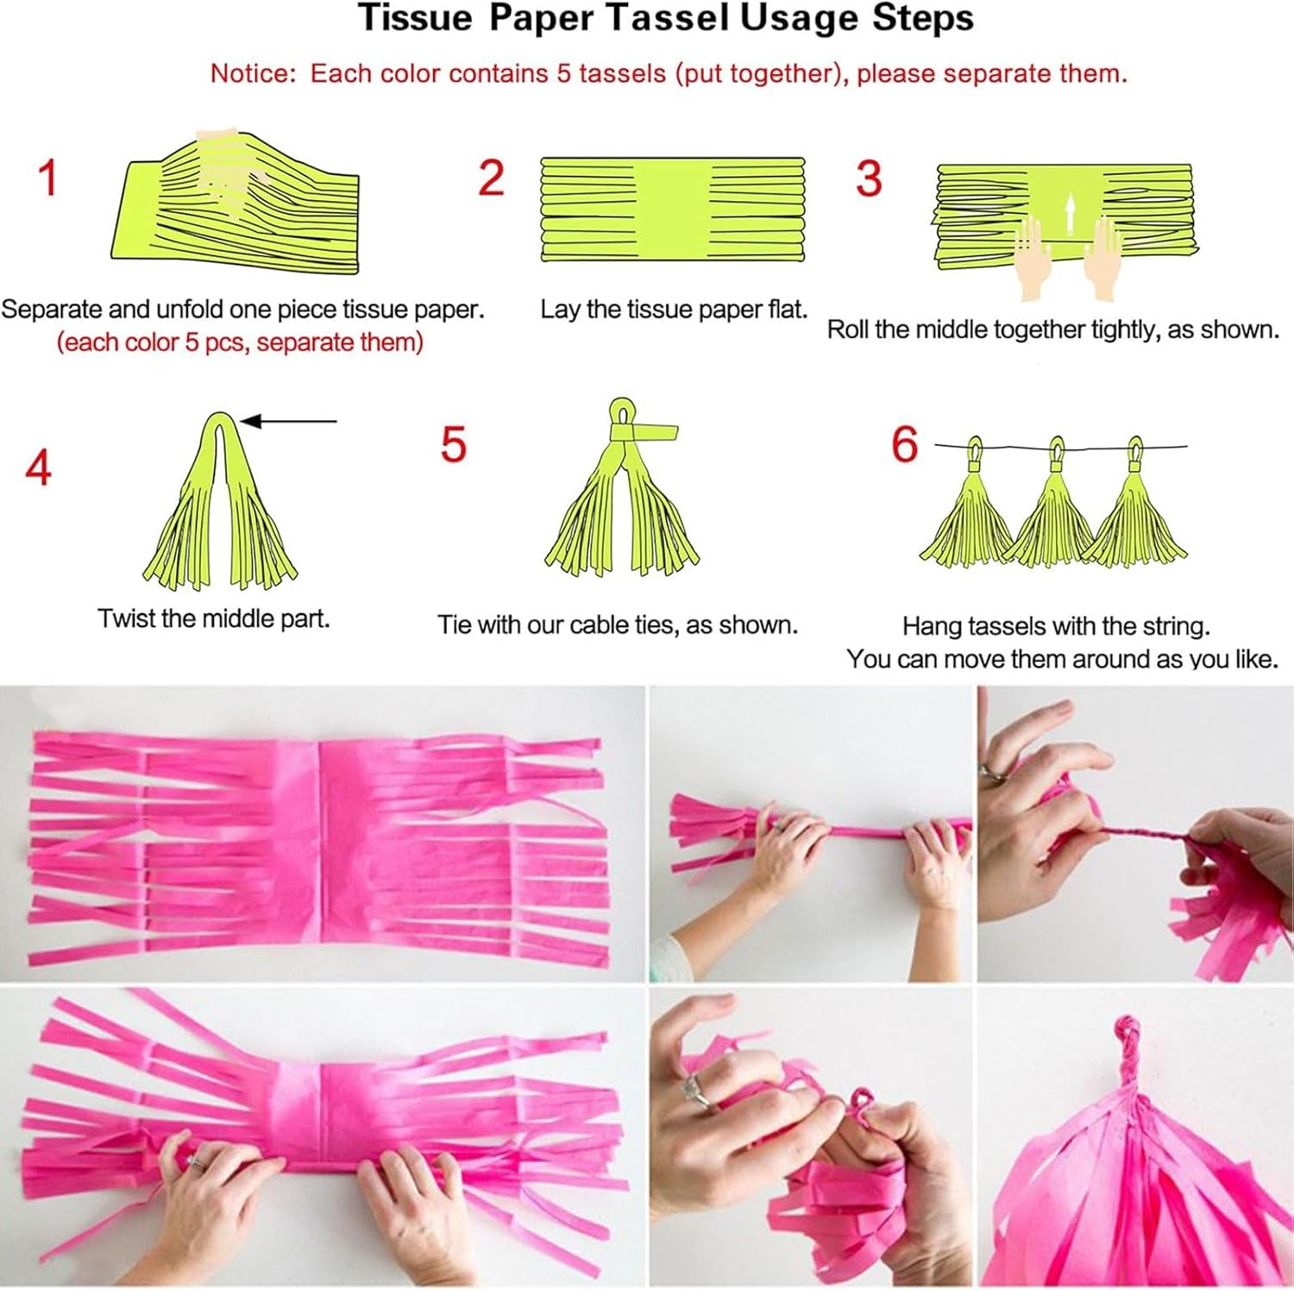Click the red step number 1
tap(48, 178)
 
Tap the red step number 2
tap(491, 178)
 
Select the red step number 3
tap(869, 179)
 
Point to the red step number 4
tap(39, 468)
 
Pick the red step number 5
tap(454, 445)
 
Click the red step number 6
tap(904, 445)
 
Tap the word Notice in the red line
tap(252, 73)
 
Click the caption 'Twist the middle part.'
tap(214, 618)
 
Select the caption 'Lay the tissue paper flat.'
tap(674, 309)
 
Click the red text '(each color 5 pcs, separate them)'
tap(240, 342)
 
